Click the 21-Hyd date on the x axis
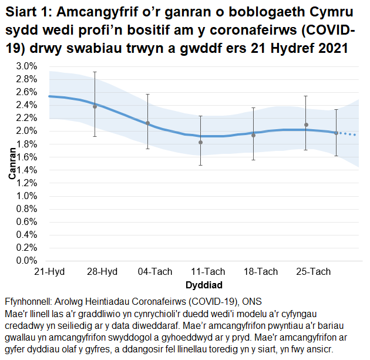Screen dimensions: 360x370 tap(49, 272)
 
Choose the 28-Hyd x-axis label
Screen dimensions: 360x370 tap(102, 272)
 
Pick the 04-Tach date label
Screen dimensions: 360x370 tap(155, 272)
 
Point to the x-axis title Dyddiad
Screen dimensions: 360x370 tap(203, 285)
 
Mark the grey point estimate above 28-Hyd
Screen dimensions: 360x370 tap(95, 106)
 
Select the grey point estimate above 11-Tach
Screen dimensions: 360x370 tap(200, 142)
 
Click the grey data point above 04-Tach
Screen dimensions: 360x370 tap(147, 123)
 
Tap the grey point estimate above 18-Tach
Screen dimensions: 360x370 tap(253, 135)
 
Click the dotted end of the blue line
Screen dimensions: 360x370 tap(350, 134)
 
